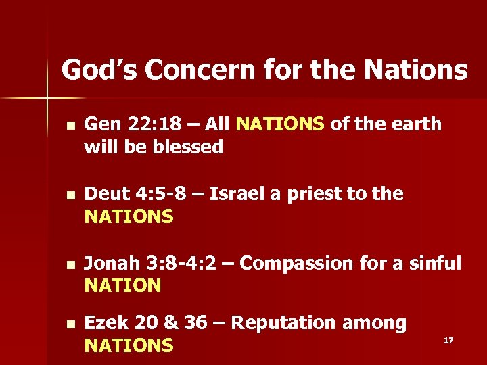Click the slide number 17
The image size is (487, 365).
click(448, 340)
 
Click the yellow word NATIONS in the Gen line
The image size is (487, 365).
click(281, 124)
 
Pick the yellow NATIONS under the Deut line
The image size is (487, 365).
click(129, 217)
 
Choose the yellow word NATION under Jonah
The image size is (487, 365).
click(122, 286)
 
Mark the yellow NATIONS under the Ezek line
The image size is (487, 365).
click(129, 346)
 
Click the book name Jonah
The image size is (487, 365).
click(111, 264)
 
